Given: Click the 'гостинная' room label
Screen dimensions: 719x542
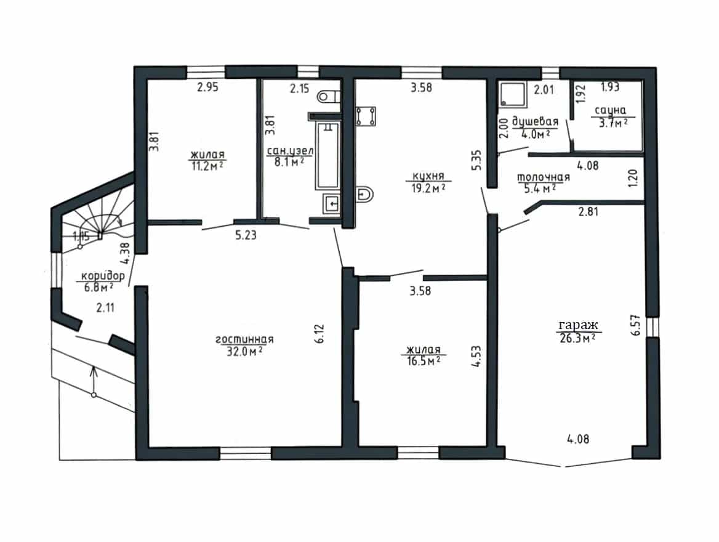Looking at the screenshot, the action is coord(244,339).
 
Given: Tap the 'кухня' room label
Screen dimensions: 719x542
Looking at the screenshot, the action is coord(428,176).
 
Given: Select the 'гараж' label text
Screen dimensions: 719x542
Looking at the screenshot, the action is coord(578,325).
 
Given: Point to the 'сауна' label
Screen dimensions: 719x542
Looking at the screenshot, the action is coord(610,110).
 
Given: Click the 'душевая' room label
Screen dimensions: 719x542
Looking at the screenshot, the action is coord(535,122).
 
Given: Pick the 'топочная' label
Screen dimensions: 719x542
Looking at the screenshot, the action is coord(544,177).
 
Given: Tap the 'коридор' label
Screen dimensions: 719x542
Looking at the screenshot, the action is coord(103,276).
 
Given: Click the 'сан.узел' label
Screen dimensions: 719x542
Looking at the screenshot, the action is coord(291,151).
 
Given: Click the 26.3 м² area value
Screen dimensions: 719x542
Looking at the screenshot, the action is coord(578,338).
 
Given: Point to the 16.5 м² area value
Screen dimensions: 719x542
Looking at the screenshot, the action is coord(424,361).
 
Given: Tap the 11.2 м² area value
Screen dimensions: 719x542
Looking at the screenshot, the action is coord(207,166).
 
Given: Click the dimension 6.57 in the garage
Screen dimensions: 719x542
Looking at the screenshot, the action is coord(635,325).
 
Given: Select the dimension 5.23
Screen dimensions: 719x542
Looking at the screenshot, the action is coord(246,235).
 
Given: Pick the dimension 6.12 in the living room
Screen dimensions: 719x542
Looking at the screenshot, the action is coord(319,334).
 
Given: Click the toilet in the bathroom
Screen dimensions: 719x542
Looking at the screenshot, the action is coord(329,97).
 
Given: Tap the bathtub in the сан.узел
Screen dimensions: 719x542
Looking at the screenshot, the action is coord(327,155).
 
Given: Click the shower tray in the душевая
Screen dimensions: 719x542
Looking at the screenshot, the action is coord(512,94).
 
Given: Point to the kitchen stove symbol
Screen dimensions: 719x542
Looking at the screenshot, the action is coord(366,116).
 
